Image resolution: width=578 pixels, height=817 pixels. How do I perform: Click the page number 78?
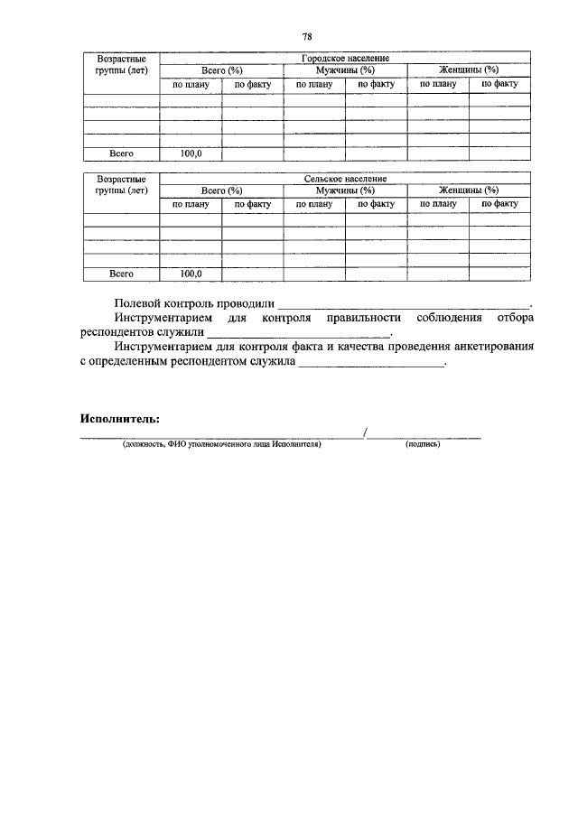pos(307,36)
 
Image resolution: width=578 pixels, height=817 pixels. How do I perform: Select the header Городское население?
pos(345,58)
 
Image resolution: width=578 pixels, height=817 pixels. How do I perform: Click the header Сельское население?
pos(345,179)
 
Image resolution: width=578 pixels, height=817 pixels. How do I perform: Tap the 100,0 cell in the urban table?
pos(191,153)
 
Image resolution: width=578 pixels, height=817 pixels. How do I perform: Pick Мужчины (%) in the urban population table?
pos(345,70)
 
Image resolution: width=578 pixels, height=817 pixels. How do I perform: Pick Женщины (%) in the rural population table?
pos(469,191)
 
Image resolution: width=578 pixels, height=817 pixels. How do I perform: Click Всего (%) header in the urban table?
pos(222,70)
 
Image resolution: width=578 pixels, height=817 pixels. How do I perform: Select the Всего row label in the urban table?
pos(121,153)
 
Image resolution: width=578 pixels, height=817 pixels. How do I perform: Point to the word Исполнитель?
pos(119,419)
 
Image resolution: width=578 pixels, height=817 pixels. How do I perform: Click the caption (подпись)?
pos(423,444)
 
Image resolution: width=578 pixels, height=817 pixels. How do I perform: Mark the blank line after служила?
pos(371,364)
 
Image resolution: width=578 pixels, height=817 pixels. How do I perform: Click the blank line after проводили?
pos(404,306)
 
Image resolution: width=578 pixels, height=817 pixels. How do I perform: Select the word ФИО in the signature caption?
pos(175,444)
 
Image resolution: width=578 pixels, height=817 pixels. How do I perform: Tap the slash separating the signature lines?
pos(364,434)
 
